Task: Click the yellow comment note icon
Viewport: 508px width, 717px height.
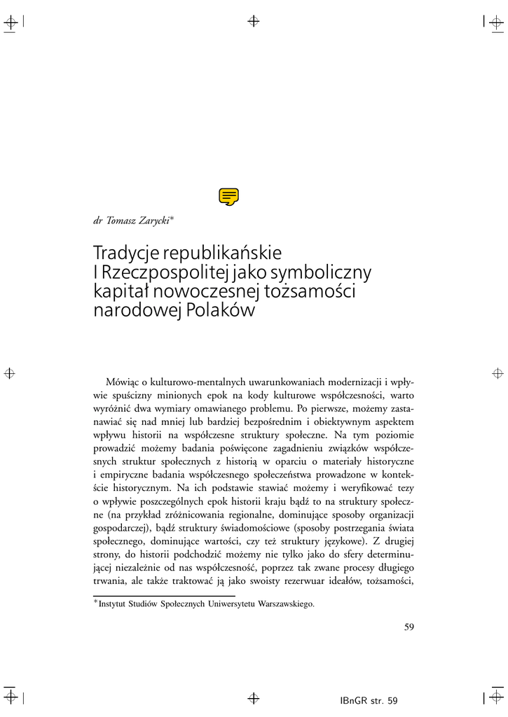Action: [228, 197]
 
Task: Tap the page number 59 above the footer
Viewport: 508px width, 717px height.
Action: [410, 627]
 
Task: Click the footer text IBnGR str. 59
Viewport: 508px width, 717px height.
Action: [367, 700]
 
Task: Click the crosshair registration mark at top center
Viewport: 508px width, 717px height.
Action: [254, 20]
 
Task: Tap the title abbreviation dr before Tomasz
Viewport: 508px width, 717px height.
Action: [98, 220]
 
